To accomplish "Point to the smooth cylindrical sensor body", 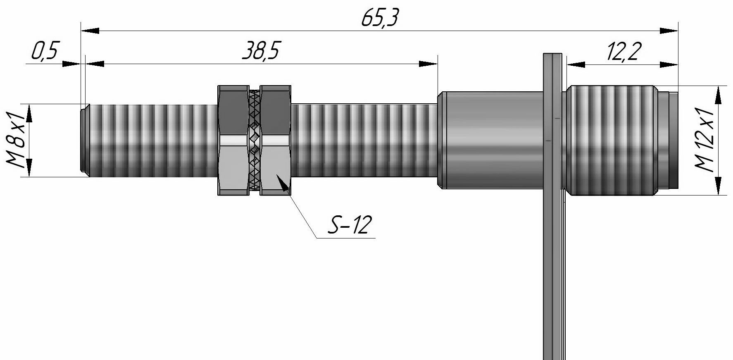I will coord(492,140).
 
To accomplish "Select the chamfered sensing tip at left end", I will coord(83,140).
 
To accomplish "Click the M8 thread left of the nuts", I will coord(153,140).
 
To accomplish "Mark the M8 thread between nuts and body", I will coord(364,140).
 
